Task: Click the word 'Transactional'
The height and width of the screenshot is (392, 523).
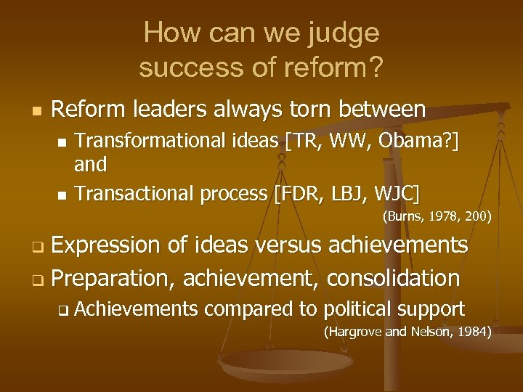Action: pyautogui.click(x=128, y=194)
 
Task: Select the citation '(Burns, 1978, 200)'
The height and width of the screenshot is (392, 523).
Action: pyautogui.click(x=437, y=216)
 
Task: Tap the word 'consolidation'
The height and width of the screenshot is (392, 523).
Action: pyautogui.click(x=393, y=277)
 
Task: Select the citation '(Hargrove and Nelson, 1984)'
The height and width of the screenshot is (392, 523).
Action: pyautogui.click(x=408, y=332)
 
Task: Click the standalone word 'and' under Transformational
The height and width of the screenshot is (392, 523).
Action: pyautogui.click(x=91, y=165)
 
